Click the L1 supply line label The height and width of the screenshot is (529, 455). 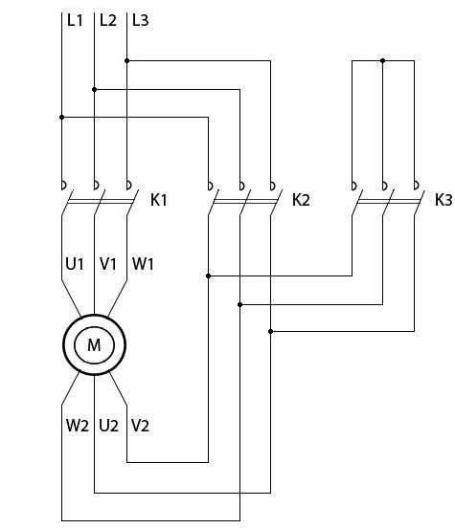(x=75, y=20)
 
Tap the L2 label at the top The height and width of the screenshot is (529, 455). (x=108, y=20)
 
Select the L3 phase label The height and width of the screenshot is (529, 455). (x=140, y=20)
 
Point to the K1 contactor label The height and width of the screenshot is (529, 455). (x=158, y=200)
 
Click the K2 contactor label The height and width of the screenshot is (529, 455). (x=301, y=200)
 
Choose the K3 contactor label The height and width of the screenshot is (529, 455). (x=444, y=200)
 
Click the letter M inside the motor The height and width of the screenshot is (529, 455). (x=94, y=344)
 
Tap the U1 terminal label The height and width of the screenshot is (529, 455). (x=75, y=263)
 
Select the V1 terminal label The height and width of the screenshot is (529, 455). (x=108, y=263)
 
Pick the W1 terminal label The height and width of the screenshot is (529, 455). (x=143, y=263)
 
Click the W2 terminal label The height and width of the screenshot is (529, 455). (x=78, y=426)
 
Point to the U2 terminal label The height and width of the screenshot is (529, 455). (x=109, y=426)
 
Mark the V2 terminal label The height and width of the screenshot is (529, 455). (x=140, y=426)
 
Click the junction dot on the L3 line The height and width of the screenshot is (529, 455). (x=127, y=60)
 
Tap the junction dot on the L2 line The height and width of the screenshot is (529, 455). (x=94, y=89)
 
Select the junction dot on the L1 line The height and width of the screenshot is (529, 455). (x=62, y=117)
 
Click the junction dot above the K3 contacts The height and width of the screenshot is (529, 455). (x=383, y=60)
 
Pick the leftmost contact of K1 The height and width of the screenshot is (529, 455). (x=65, y=198)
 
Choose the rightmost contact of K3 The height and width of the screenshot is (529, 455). (x=419, y=198)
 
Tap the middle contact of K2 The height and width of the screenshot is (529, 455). (x=244, y=198)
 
